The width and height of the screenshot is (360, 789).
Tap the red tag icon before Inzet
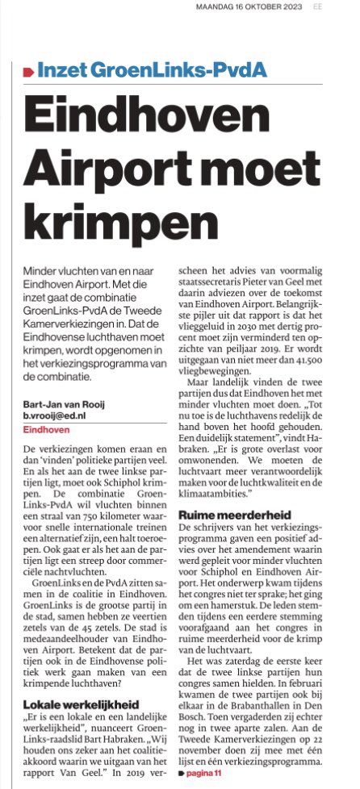coord(29,72)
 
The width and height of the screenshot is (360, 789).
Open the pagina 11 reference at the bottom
coord(207,775)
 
